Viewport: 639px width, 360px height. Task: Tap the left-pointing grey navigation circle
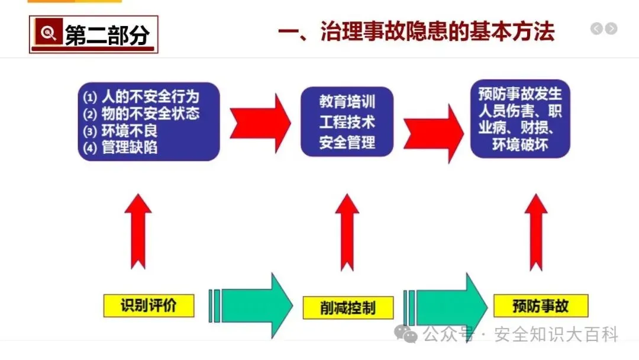click(597, 28)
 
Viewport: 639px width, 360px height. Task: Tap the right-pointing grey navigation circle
click(611, 28)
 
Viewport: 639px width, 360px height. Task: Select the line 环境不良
click(130, 131)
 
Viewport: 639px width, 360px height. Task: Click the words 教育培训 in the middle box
click(347, 102)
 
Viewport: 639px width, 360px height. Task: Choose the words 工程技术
click(347, 122)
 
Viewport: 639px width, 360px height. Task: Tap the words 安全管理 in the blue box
click(347, 142)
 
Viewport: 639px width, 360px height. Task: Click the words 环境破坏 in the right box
click(520, 145)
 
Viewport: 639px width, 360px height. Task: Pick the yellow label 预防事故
click(540, 306)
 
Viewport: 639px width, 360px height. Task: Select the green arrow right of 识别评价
click(254, 306)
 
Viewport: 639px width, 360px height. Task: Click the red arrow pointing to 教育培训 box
click(260, 122)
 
